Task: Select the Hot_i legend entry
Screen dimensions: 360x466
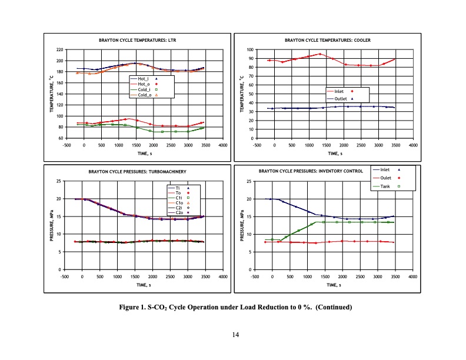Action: click(143, 78)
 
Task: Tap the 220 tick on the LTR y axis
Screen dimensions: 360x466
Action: click(59, 50)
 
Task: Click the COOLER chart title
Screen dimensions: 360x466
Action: click(327, 41)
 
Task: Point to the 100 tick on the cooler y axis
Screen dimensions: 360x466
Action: click(250, 50)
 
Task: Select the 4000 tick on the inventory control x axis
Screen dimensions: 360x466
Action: click(412, 275)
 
